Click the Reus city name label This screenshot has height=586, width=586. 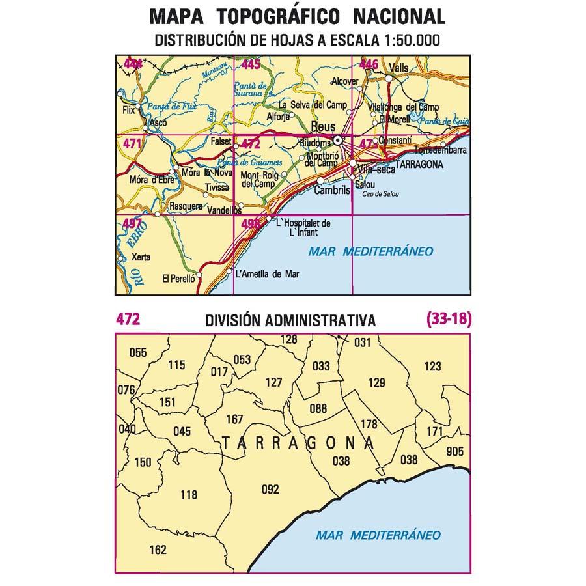[324, 128]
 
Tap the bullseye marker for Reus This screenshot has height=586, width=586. [338, 140]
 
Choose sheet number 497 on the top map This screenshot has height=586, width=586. [132, 225]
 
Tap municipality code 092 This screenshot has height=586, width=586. [270, 490]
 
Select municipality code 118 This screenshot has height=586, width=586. [188, 495]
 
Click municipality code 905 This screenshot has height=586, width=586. [455, 452]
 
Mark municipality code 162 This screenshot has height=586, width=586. [158, 550]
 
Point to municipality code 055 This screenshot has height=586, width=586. [138, 354]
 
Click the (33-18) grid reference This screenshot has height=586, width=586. [449, 319]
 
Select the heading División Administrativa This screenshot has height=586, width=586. [290, 320]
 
